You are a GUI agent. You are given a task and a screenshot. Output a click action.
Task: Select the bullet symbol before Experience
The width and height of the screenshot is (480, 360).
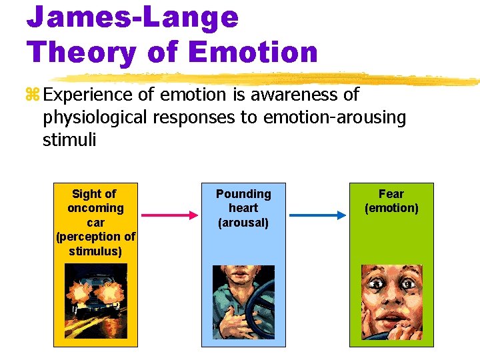pos(33,95)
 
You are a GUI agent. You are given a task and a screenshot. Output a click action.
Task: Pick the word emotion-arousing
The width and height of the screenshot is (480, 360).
pos(335,117)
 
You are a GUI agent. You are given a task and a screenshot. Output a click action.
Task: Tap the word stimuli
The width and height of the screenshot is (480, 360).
pos(69,139)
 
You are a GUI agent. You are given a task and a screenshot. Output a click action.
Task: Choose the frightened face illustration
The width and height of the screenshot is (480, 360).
pos(391,302)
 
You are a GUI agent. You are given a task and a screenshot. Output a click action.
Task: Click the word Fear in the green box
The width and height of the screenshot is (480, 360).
pos(391,194)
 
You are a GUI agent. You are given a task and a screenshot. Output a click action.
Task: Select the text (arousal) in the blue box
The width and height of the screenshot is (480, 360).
pos(243,223)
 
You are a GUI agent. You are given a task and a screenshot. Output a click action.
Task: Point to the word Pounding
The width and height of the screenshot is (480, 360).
pos(243,194)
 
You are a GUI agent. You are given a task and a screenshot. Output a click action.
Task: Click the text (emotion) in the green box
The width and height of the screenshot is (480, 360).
pos(391,208)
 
